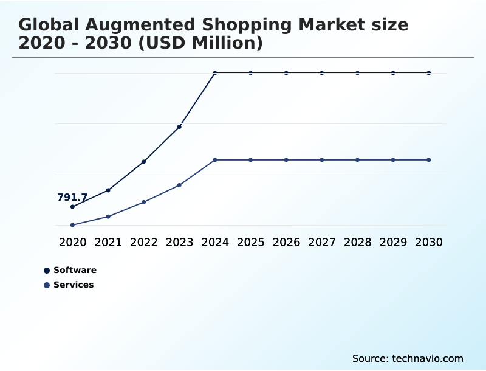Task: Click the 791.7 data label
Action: [72, 198]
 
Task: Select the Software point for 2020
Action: [72, 207]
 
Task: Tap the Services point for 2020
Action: [72, 225]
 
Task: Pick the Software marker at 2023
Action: [179, 127]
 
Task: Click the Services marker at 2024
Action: [215, 160]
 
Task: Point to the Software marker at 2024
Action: [215, 73]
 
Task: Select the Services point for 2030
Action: [429, 160]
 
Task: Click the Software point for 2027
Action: [322, 73]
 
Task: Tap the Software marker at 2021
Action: [108, 190]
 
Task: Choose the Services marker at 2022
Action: [143, 202]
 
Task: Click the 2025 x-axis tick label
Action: [250, 242]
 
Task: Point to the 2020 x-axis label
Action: [72, 242]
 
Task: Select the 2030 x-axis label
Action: [429, 242]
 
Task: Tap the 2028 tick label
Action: [357, 242]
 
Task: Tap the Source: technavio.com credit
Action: [408, 358]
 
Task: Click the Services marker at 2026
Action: [286, 160]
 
